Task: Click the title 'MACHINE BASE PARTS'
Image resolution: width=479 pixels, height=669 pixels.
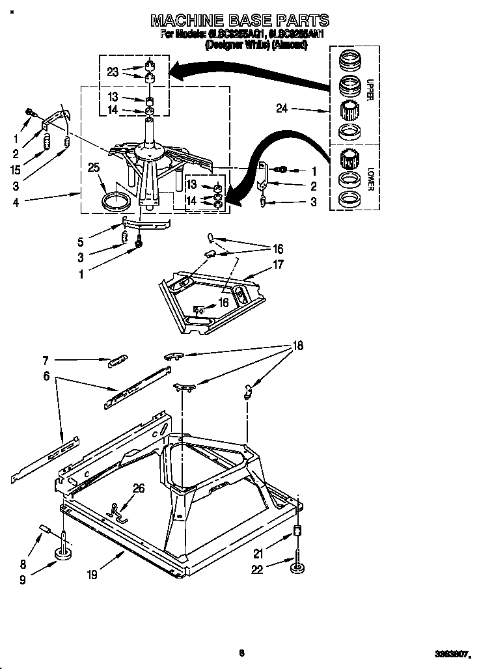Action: click(239, 21)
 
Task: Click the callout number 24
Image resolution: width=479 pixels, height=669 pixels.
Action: click(282, 109)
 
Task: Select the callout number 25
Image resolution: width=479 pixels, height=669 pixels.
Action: click(94, 168)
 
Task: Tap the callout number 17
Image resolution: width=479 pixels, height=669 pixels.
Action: click(278, 264)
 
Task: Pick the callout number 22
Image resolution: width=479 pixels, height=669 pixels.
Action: click(257, 571)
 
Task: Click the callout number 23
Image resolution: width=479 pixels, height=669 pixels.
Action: click(113, 72)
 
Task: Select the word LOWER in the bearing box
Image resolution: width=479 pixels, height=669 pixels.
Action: click(370, 180)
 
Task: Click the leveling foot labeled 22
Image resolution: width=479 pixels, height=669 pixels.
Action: click(297, 568)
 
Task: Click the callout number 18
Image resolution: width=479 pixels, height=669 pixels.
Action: click(297, 346)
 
